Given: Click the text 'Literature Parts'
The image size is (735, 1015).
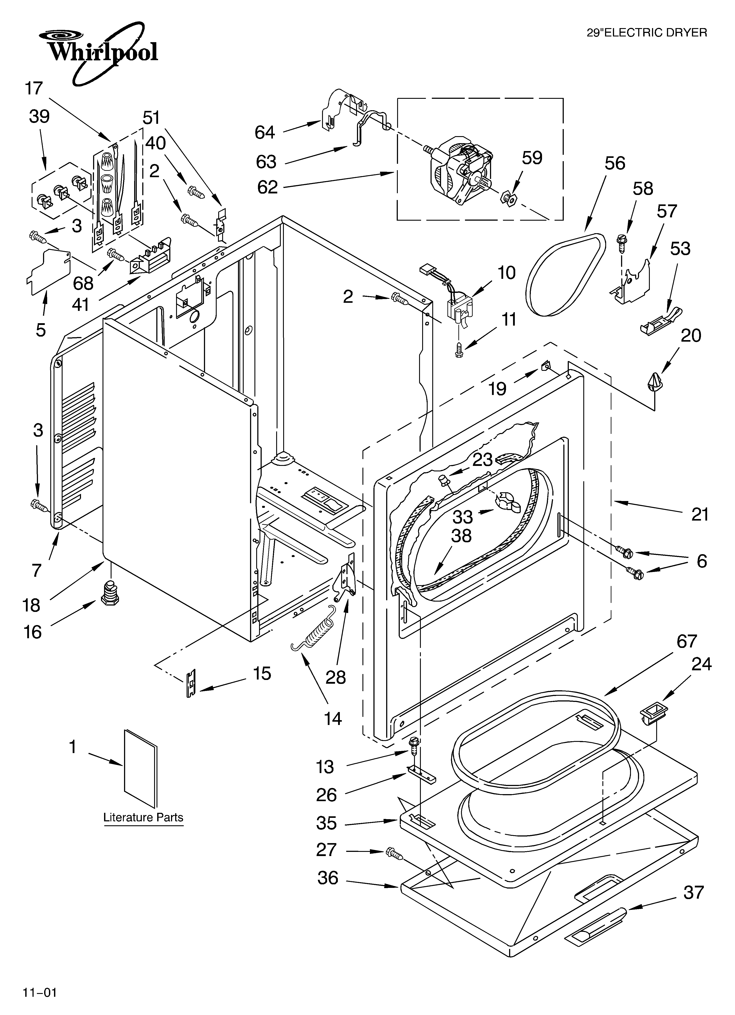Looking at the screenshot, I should click(x=143, y=818).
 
